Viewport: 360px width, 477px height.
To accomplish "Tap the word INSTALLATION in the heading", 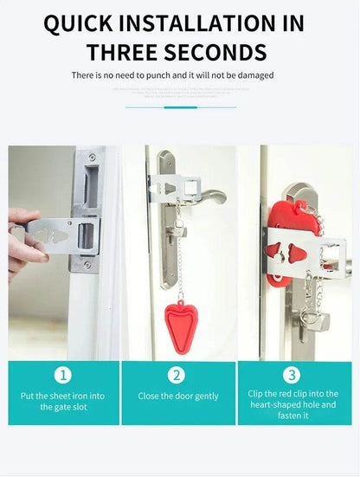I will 205,23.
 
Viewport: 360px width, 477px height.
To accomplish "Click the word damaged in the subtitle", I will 254,75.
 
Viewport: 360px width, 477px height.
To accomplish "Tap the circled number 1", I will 62,375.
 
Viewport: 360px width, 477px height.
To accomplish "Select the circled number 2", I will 177,375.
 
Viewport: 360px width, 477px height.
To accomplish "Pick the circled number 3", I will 292,375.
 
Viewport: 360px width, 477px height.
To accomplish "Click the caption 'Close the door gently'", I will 178,396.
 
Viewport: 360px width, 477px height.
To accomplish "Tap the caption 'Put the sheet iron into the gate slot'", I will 63,402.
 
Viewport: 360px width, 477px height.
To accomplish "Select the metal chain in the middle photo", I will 180,255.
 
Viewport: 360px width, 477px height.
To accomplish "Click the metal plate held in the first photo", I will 65,234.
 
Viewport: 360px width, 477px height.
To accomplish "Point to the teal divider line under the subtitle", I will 180,107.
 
